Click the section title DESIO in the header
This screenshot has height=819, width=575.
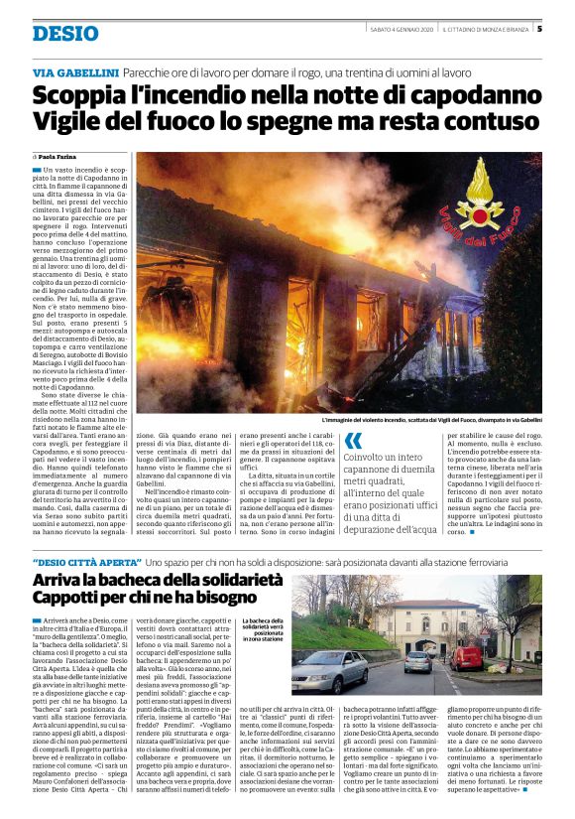pyautogui.click(x=65, y=34)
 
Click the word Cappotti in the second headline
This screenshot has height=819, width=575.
pyautogui.click(x=68, y=599)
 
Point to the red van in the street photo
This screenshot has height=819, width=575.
pyautogui.click(x=466, y=656)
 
